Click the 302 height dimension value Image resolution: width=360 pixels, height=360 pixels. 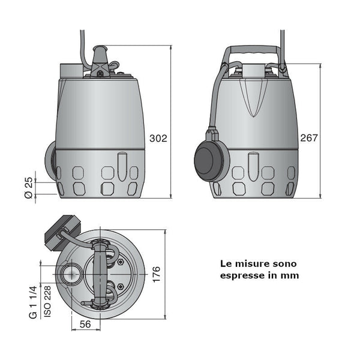(x=158, y=138)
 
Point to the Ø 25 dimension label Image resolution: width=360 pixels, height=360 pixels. (x=28, y=187)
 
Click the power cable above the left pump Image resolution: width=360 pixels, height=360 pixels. (x=81, y=36)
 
